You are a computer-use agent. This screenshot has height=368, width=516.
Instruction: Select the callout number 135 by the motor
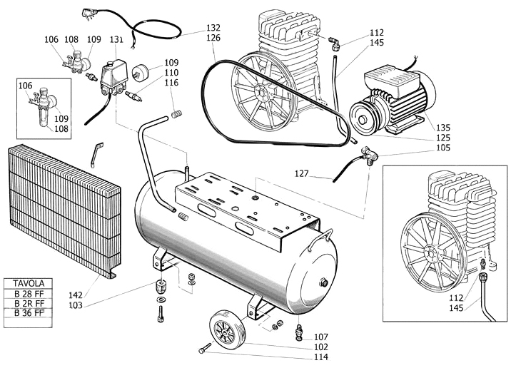[x=443, y=128]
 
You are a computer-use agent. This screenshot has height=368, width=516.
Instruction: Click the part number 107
[x=320, y=337]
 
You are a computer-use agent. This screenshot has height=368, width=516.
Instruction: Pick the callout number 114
[x=320, y=357]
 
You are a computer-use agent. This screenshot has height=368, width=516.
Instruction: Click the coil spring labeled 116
[x=179, y=113]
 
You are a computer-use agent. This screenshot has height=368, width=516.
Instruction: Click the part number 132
[x=213, y=28]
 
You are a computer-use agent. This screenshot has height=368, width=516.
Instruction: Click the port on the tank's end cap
[x=325, y=282]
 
